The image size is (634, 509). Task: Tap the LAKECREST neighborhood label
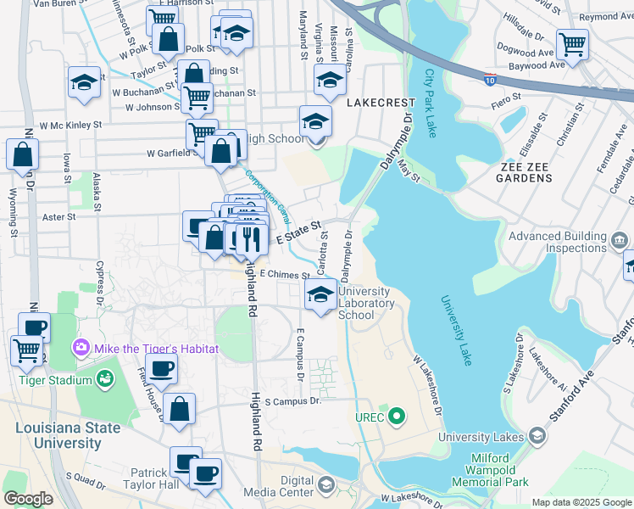point(381,102)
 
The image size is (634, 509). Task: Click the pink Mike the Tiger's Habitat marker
point(81,349)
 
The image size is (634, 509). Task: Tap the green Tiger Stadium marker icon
point(105,380)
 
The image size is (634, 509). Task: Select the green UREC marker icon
point(394,417)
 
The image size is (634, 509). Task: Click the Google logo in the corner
point(28,499)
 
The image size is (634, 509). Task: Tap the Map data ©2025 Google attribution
point(580,502)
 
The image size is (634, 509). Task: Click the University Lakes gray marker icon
point(536,436)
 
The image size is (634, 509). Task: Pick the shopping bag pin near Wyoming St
point(22,154)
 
